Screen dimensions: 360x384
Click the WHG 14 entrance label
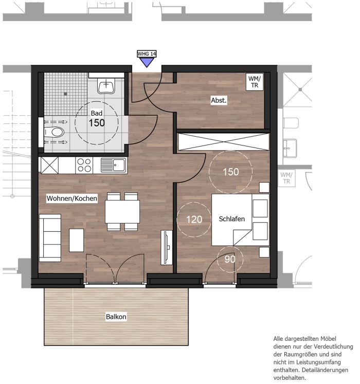[x=147, y=53]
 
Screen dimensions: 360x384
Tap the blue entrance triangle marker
[x=147, y=62]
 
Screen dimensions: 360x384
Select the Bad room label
[x=97, y=113]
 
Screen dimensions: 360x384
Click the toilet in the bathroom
[x=55, y=132]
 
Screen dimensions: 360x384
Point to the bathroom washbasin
[x=106, y=86]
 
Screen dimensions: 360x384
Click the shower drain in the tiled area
[x=65, y=94]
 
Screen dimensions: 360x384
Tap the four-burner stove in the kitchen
[x=84, y=166]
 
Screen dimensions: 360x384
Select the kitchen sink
[x=114, y=165]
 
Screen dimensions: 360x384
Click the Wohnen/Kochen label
[x=72, y=198]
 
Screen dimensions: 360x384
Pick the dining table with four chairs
[x=122, y=212]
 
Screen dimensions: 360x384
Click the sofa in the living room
[x=50, y=238]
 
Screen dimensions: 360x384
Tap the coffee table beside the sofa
[x=76, y=240]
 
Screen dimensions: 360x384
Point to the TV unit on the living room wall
[x=167, y=247]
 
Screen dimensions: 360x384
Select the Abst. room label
[x=219, y=100]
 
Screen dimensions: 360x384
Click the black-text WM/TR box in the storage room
[x=255, y=82]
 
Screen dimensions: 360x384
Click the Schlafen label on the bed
[x=231, y=218]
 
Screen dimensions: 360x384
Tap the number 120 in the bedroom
[x=194, y=220]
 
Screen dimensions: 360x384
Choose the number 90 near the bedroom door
[x=230, y=259]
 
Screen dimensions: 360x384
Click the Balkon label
[x=116, y=317]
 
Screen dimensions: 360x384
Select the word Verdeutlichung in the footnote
[x=334, y=346]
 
